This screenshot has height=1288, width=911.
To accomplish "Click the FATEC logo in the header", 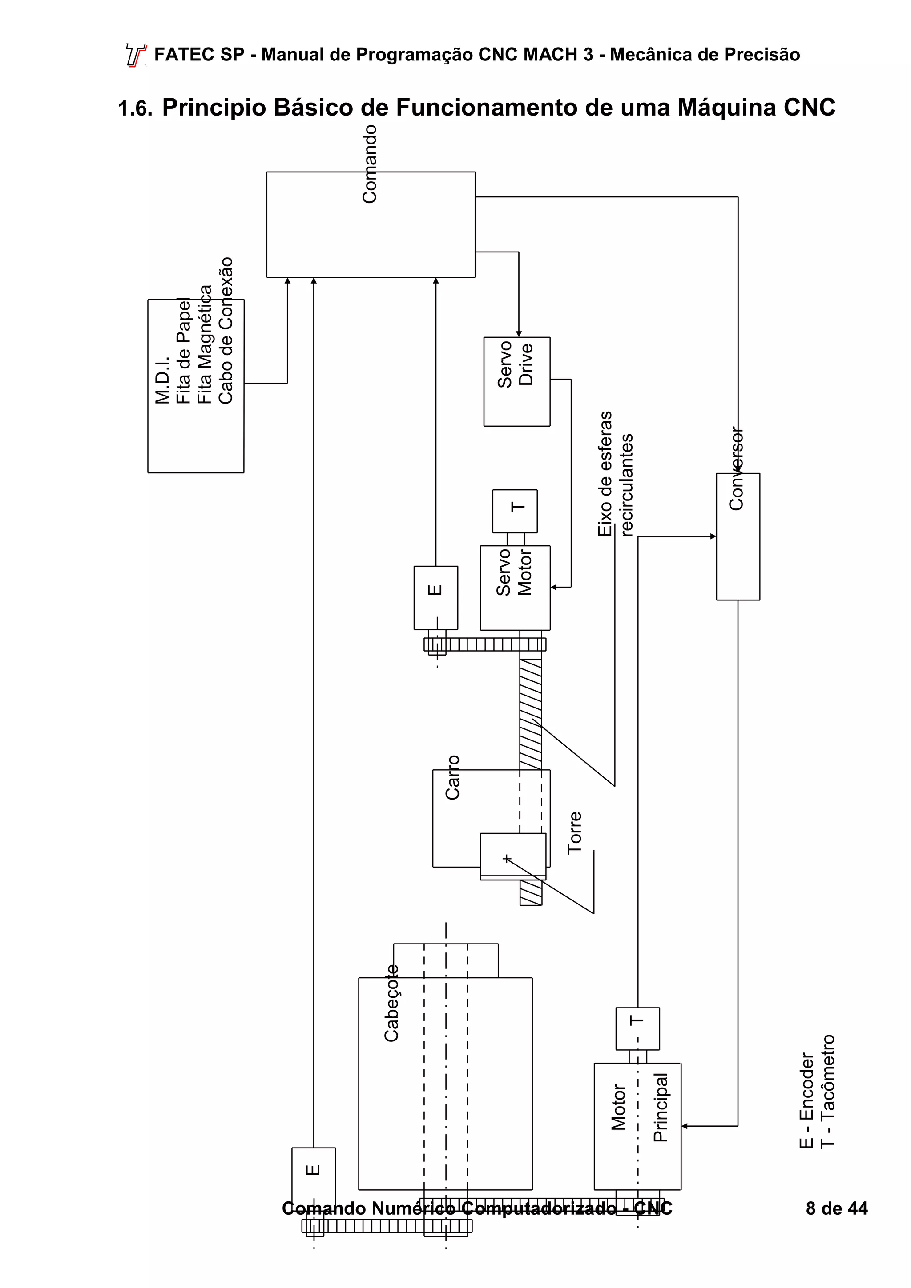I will [x=135, y=55].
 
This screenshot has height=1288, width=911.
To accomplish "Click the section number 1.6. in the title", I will [x=135, y=108].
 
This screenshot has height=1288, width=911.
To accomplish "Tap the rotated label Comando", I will [x=369, y=164].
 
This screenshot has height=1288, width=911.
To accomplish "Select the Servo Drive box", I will [x=516, y=381].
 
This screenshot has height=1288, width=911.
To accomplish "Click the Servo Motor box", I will [x=515, y=588].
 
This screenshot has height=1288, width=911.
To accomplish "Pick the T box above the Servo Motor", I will [x=515, y=511].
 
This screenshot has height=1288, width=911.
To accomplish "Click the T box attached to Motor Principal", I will [x=637, y=1028].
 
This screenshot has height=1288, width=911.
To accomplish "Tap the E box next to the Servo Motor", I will [x=435, y=597].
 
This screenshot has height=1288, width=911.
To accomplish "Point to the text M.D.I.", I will [x=162, y=380].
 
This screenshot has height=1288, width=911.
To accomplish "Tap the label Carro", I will [x=452, y=777].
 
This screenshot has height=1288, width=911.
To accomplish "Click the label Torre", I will [x=574, y=833].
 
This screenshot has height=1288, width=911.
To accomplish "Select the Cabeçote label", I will [x=391, y=1004].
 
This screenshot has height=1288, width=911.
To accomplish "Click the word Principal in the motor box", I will [x=661, y=1108].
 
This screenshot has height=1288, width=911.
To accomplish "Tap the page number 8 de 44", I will [x=836, y=1208].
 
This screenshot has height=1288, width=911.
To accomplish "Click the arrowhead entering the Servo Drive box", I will [x=519, y=334].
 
